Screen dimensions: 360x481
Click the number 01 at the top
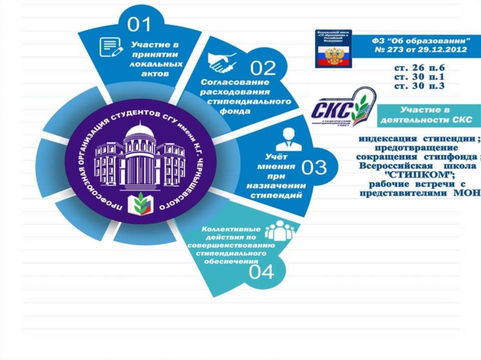pyautogui.click(x=140, y=24)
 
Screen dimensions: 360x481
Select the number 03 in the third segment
pyautogui.click(x=313, y=168)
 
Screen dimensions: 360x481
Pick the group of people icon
pyautogui.click(x=280, y=231)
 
